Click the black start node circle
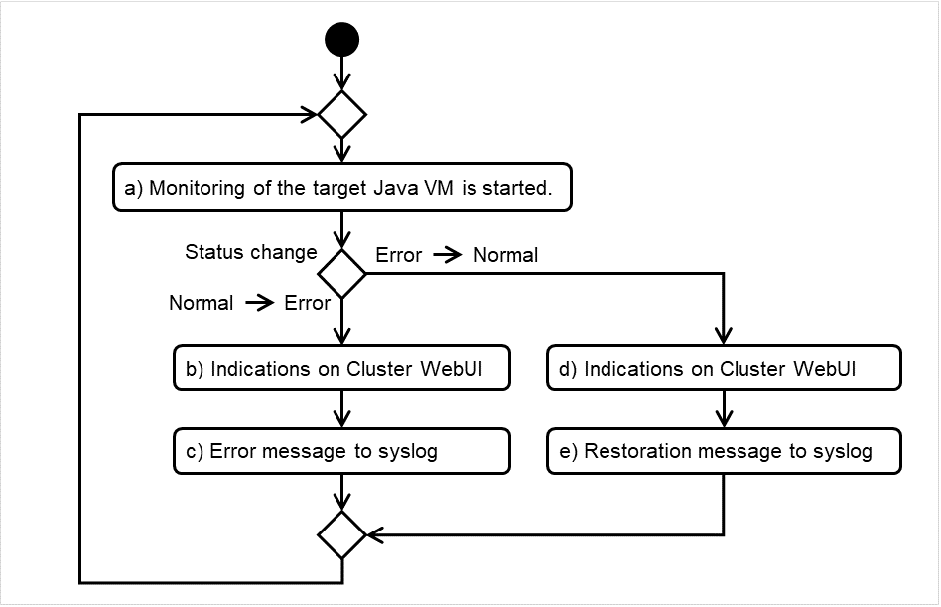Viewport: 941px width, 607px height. (x=341, y=40)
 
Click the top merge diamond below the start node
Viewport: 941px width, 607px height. (x=341, y=114)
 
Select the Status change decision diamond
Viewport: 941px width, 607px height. (x=341, y=272)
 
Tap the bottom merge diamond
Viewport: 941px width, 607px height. (x=341, y=535)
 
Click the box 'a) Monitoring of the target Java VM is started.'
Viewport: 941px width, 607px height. (x=341, y=188)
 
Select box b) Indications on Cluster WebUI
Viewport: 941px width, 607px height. (x=341, y=369)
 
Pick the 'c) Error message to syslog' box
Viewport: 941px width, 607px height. (x=341, y=451)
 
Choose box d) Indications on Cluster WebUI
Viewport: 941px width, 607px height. (x=724, y=369)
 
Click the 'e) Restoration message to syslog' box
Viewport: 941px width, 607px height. (x=724, y=451)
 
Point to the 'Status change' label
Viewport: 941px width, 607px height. (x=250, y=252)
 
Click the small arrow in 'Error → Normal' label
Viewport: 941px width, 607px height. (x=448, y=256)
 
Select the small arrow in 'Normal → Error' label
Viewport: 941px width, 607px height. (x=259, y=304)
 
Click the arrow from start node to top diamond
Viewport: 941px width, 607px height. (x=341, y=74)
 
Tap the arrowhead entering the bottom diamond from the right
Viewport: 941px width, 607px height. (x=376, y=535)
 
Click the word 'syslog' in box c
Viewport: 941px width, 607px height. (x=407, y=451)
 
